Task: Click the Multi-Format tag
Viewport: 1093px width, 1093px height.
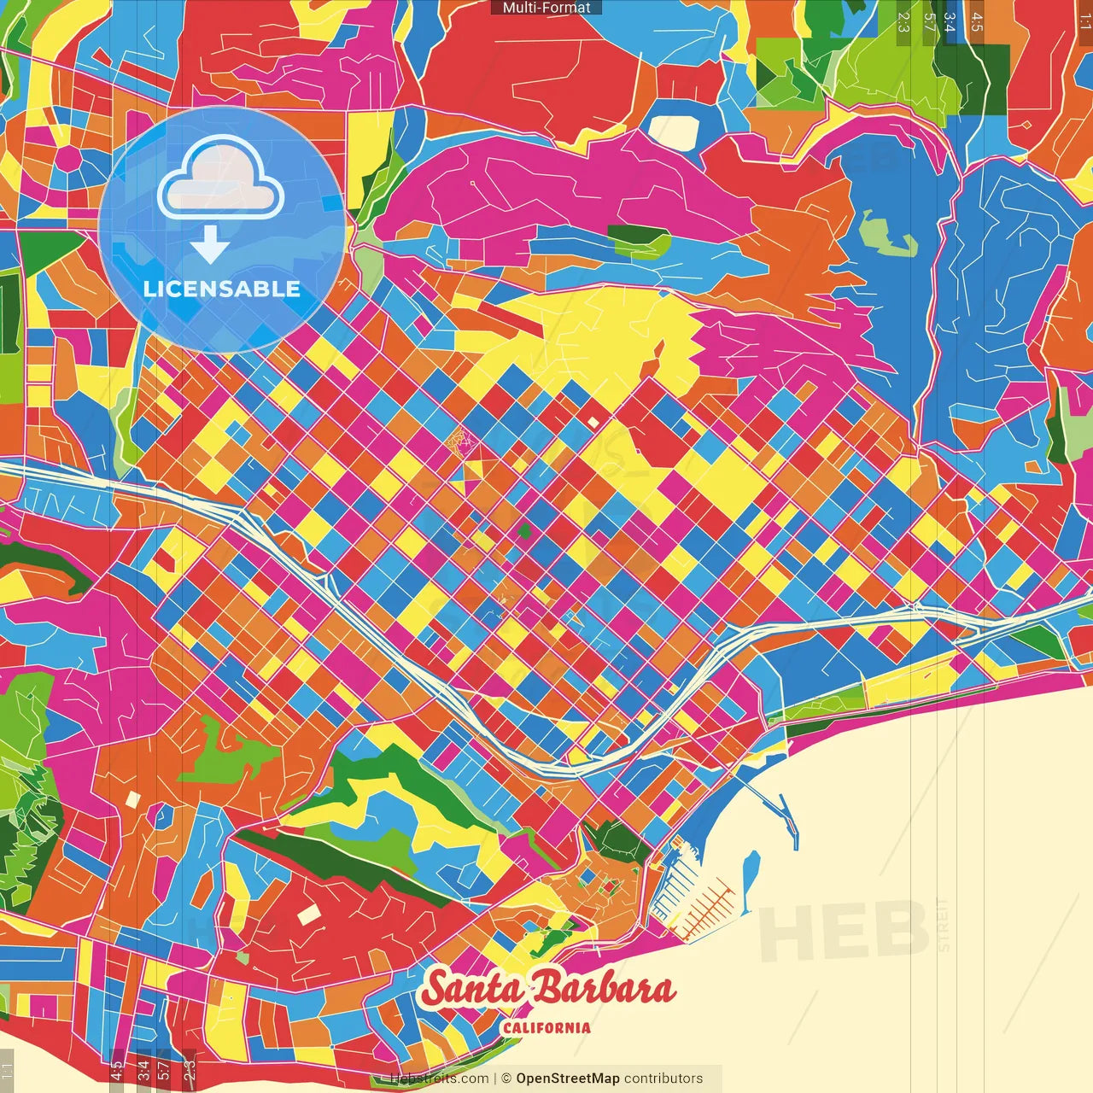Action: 546,8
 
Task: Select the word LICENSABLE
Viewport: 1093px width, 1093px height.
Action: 222,289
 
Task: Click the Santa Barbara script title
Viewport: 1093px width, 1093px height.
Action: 547,989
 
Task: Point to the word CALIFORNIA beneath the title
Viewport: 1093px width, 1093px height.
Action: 546,1027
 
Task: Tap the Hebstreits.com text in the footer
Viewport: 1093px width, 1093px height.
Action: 440,1078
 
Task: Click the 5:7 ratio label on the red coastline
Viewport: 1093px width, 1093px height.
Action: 163,1069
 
